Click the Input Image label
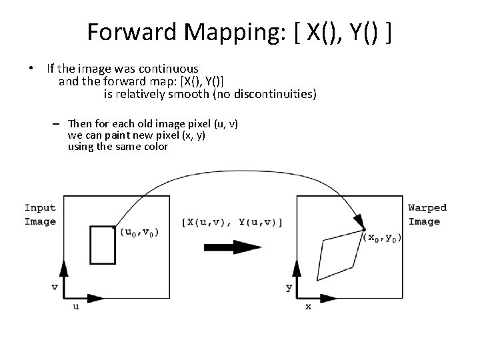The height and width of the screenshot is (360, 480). (39, 215)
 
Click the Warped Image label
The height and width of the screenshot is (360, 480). (427, 215)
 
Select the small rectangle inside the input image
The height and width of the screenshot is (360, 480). (102, 245)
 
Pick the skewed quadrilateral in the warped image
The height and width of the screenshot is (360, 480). (340, 249)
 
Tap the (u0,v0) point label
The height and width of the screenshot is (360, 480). (139, 233)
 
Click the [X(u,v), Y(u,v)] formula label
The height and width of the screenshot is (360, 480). (231, 223)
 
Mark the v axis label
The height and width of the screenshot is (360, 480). (55, 287)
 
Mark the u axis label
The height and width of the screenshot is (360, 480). (75, 307)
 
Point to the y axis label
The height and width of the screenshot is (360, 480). (289, 287)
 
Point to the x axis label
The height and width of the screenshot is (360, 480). (308, 307)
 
